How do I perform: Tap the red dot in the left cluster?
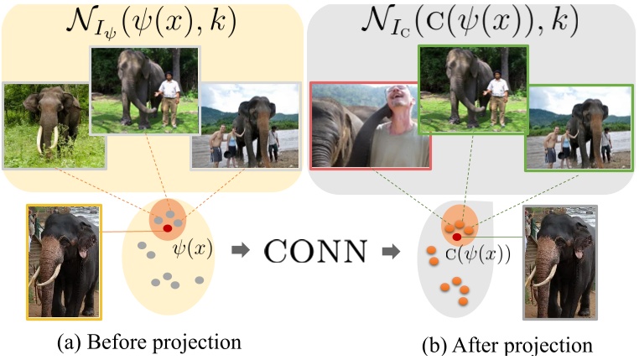tap(168, 227)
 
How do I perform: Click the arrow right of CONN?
tap(390, 251)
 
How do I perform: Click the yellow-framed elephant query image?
tap(65, 261)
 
